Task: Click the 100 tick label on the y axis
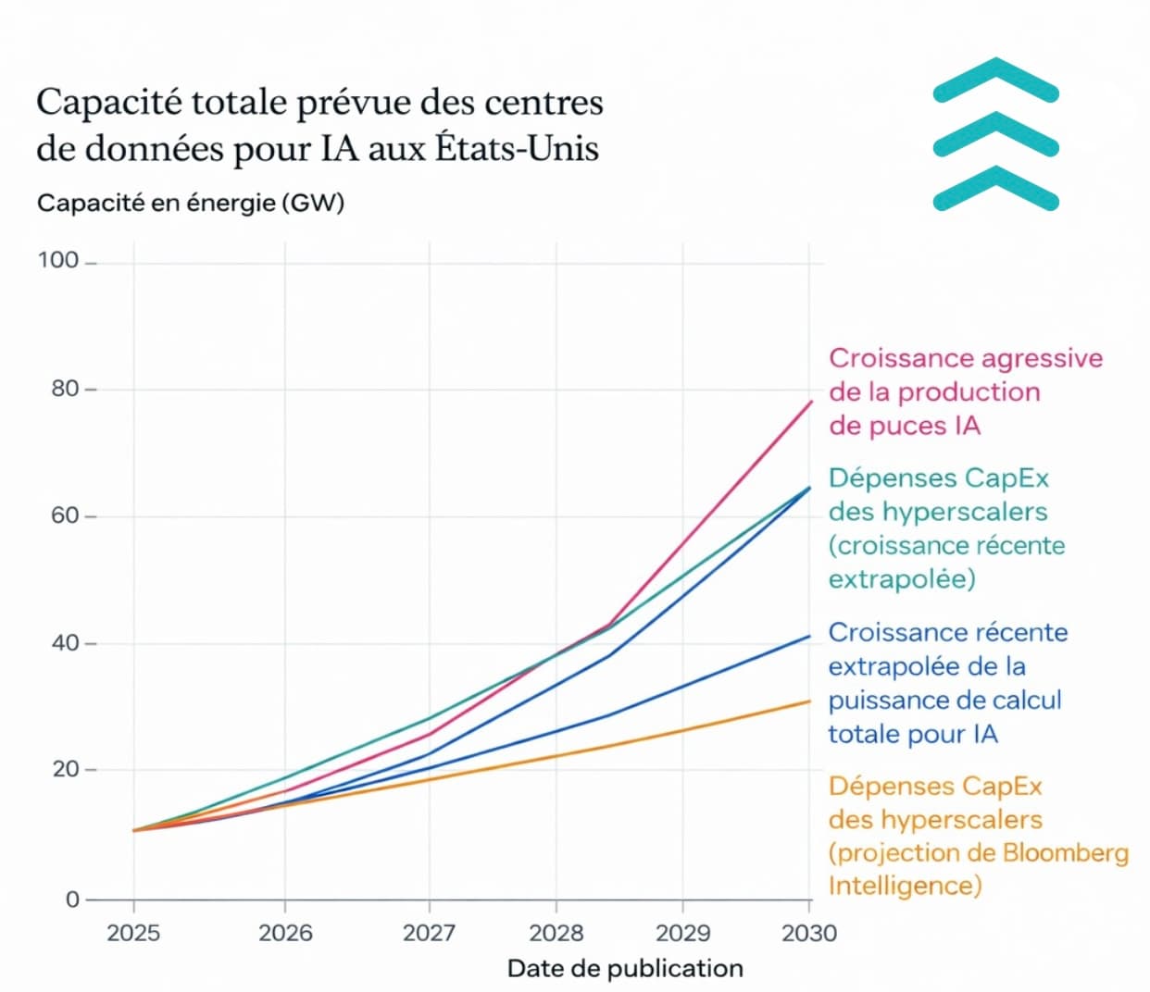coord(57,260)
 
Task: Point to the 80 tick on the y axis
coord(65,389)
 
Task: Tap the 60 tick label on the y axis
coord(65,515)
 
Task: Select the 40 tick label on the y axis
coord(65,642)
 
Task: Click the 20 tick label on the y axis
coord(65,769)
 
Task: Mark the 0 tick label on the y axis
coord(72,899)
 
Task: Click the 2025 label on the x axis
coord(134,932)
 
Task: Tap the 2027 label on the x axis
coord(429,932)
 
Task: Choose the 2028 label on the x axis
coord(556,932)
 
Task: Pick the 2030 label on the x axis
coord(809,932)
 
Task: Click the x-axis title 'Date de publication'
coord(625,968)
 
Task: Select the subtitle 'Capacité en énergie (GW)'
coord(191,203)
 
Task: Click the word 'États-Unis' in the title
coord(518,148)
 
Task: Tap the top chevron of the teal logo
coord(995,81)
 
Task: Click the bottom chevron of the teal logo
coord(995,190)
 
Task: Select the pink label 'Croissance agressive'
coord(966,358)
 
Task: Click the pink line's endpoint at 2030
coord(811,402)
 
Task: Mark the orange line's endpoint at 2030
coord(810,701)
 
